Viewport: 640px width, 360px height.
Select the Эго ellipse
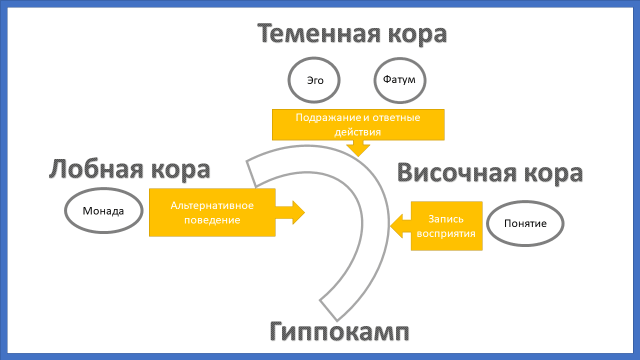(x=314, y=80)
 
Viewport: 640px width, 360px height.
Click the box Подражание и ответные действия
(x=358, y=125)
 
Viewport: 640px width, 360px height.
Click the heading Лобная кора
(x=129, y=169)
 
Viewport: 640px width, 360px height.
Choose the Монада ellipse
(x=103, y=210)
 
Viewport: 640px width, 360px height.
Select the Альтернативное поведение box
(x=212, y=212)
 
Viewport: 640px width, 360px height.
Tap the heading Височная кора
(x=490, y=173)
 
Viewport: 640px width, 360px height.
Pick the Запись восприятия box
(x=446, y=226)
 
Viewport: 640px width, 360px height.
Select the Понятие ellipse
(x=525, y=223)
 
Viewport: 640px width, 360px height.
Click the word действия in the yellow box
(x=358, y=132)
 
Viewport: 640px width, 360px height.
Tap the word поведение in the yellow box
(x=212, y=220)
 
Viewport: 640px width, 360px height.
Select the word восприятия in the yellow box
(x=446, y=233)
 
